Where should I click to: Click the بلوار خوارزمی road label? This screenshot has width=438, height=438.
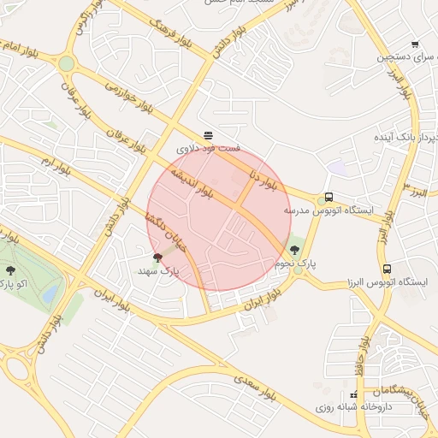[x=128, y=98]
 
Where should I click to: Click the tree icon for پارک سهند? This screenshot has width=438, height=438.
[x=157, y=257]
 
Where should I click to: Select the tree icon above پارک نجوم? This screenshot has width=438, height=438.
[x=295, y=250]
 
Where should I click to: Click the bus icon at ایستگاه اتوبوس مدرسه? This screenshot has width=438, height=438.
[x=329, y=198]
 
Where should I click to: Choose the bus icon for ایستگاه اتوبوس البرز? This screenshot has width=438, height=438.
[x=387, y=269]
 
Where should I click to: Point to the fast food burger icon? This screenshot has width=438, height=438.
[x=209, y=135]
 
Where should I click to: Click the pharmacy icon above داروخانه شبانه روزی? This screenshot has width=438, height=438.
[x=354, y=395]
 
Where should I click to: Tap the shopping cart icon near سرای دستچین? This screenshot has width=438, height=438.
[x=415, y=44]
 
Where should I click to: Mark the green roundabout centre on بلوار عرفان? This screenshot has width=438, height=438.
[x=67, y=63]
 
